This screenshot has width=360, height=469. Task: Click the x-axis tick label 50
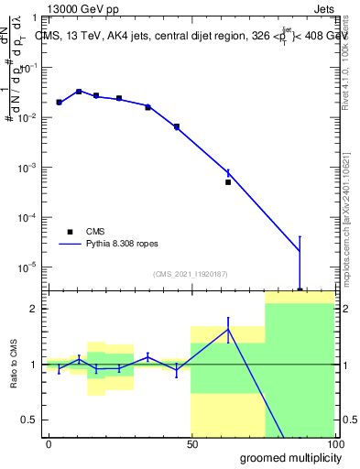tap(191, 444)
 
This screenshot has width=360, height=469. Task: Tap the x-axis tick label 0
tap(49, 444)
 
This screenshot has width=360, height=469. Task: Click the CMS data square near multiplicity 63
tap(228, 182)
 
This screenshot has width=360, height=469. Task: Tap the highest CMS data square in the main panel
tap(79, 92)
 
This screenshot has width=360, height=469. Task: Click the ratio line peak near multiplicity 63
tap(228, 329)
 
